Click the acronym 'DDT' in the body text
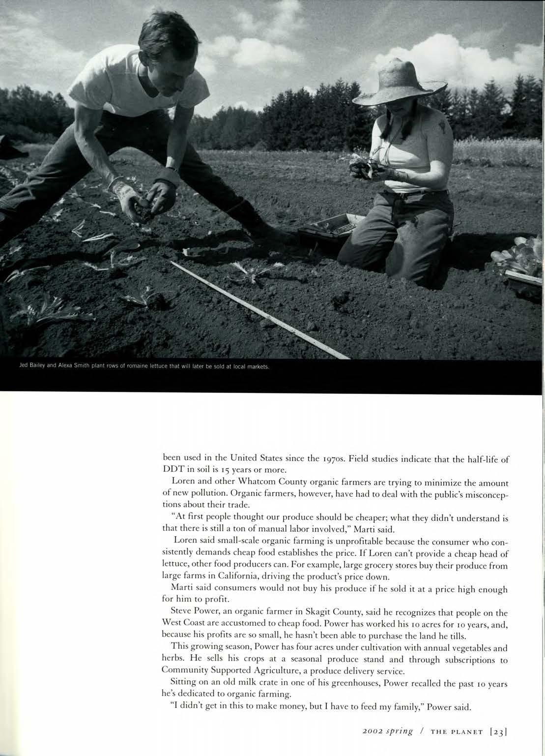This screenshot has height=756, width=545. (174, 469)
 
